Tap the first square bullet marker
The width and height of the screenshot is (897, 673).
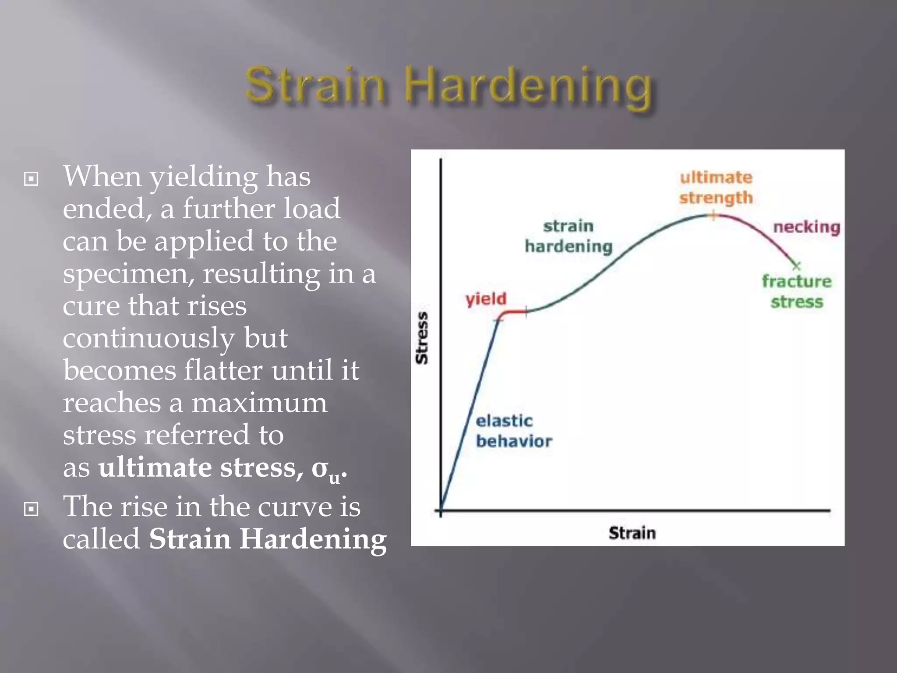click(x=31, y=179)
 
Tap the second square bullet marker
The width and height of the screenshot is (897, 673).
click(x=31, y=509)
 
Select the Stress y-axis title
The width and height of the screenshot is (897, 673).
click(x=422, y=338)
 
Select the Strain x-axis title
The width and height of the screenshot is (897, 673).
click(x=632, y=533)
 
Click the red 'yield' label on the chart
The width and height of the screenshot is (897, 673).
click(x=486, y=299)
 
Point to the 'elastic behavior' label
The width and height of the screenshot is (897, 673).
click(x=513, y=431)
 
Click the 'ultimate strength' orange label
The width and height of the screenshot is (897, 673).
click(x=716, y=188)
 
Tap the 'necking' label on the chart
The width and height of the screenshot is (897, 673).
click(x=806, y=227)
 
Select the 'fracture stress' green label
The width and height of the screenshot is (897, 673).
click(x=796, y=291)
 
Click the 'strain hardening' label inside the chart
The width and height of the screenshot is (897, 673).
click(x=568, y=236)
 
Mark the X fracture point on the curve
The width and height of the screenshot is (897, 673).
click(x=796, y=266)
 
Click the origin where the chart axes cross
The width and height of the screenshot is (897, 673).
click(x=441, y=510)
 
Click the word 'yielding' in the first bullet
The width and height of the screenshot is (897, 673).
click(x=204, y=177)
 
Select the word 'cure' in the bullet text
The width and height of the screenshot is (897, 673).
click(x=91, y=305)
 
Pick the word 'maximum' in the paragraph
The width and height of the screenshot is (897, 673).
click(x=259, y=403)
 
